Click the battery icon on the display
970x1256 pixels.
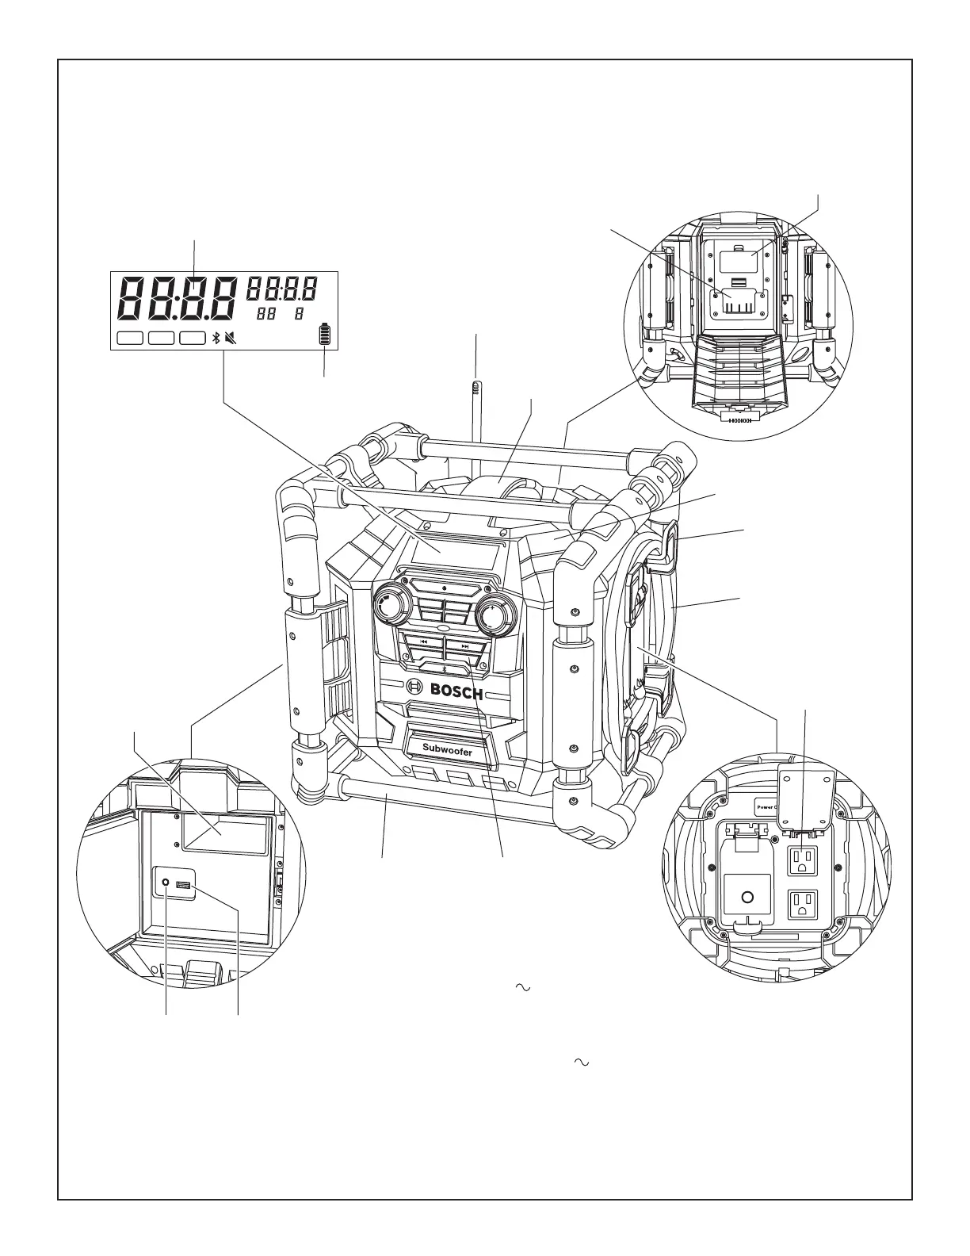tap(323, 335)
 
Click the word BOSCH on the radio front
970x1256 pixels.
tap(456, 691)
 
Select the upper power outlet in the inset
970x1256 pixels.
tap(804, 860)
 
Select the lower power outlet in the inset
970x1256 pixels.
tap(804, 905)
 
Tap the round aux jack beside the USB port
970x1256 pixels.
tap(165, 883)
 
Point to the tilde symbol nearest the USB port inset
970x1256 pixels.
tap(521, 987)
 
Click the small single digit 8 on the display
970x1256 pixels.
tap(300, 314)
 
